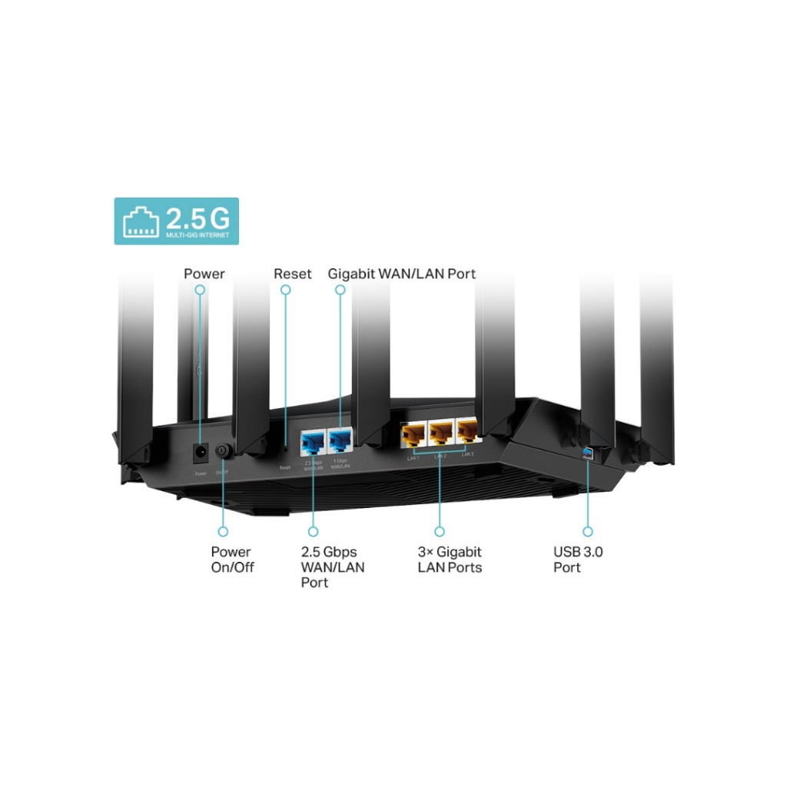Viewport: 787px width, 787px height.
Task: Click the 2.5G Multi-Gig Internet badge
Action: coord(176,221)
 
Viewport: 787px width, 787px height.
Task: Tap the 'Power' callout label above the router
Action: coord(204,274)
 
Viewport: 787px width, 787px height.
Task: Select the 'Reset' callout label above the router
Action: coord(293,274)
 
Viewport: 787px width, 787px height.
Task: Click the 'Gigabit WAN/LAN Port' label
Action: coord(401,274)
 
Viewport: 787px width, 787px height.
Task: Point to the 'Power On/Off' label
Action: coord(232,560)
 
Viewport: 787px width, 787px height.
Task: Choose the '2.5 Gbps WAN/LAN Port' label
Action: coord(333,567)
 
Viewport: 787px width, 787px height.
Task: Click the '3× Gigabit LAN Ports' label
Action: coord(450,560)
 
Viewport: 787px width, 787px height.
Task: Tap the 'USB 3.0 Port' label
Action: coord(578,560)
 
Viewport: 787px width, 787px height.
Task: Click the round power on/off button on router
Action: coord(223,450)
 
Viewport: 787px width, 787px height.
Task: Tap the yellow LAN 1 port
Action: coord(413,436)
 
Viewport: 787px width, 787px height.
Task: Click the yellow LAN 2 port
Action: coord(440,436)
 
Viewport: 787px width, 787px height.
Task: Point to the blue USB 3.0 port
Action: coord(588,450)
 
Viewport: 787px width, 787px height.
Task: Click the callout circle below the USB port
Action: coord(588,531)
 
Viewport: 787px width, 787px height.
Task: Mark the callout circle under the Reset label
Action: coord(286,291)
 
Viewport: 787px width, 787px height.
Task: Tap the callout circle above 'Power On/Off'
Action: coord(223,531)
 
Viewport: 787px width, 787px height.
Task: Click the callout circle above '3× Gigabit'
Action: coord(440,531)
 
